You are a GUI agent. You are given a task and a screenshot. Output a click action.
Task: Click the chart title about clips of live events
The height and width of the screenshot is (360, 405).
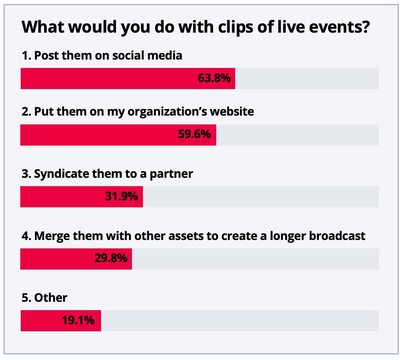[195, 27]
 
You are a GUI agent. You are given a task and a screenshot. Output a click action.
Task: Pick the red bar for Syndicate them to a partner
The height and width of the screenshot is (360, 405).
[62, 197]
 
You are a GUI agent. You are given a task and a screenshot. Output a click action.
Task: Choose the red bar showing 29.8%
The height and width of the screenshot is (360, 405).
[57, 259]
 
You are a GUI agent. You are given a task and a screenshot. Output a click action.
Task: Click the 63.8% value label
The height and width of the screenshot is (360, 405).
[214, 79]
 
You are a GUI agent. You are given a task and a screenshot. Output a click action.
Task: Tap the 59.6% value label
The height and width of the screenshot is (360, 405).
[194, 135]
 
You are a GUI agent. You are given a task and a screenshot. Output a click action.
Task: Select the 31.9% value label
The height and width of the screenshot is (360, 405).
[121, 197]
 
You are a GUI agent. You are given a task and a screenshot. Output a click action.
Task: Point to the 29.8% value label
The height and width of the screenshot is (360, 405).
[111, 259]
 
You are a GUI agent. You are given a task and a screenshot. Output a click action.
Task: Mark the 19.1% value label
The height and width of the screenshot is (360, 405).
[78, 320]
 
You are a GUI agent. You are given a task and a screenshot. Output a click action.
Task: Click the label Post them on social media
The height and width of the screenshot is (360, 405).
[102, 56]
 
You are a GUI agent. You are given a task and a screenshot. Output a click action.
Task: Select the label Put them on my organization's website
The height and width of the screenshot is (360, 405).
[137, 112]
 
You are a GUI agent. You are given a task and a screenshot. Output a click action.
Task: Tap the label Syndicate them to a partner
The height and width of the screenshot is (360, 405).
[107, 174]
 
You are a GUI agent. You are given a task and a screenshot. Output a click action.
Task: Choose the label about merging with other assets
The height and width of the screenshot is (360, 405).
[193, 236]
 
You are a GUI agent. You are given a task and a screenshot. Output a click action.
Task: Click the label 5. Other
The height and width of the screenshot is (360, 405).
[44, 297]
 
